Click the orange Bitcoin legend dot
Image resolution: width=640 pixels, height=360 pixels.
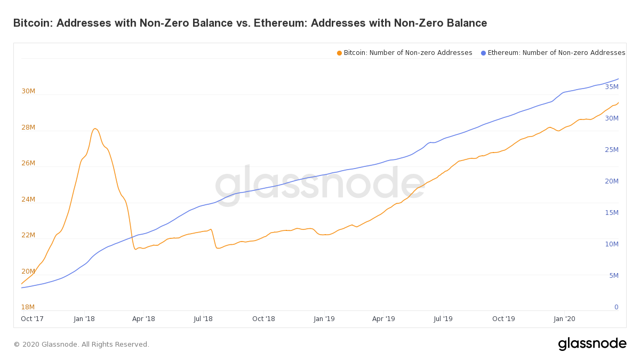point(339,53)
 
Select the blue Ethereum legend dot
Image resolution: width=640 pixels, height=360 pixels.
point(483,53)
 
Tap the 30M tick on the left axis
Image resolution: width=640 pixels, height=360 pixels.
point(28,91)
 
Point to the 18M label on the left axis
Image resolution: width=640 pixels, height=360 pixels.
point(28,307)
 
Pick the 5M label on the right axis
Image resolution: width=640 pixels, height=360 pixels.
point(613,276)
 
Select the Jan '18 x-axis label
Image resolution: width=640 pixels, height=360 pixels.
point(84,319)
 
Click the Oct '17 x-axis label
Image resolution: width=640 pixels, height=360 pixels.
point(32,319)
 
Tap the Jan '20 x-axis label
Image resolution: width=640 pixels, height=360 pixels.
point(564,319)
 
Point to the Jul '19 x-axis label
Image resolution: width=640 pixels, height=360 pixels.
point(443,319)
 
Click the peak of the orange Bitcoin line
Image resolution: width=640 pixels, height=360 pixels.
point(95,129)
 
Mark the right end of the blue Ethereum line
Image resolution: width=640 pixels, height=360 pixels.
point(618,79)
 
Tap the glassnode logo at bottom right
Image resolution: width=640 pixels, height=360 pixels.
point(592,344)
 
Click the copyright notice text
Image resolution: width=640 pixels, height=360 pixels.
point(81,345)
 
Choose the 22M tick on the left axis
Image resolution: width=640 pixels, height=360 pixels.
point(28,235)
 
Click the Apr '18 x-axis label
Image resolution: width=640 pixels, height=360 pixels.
point(143,319)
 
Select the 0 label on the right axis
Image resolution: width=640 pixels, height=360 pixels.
point(616,307)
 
